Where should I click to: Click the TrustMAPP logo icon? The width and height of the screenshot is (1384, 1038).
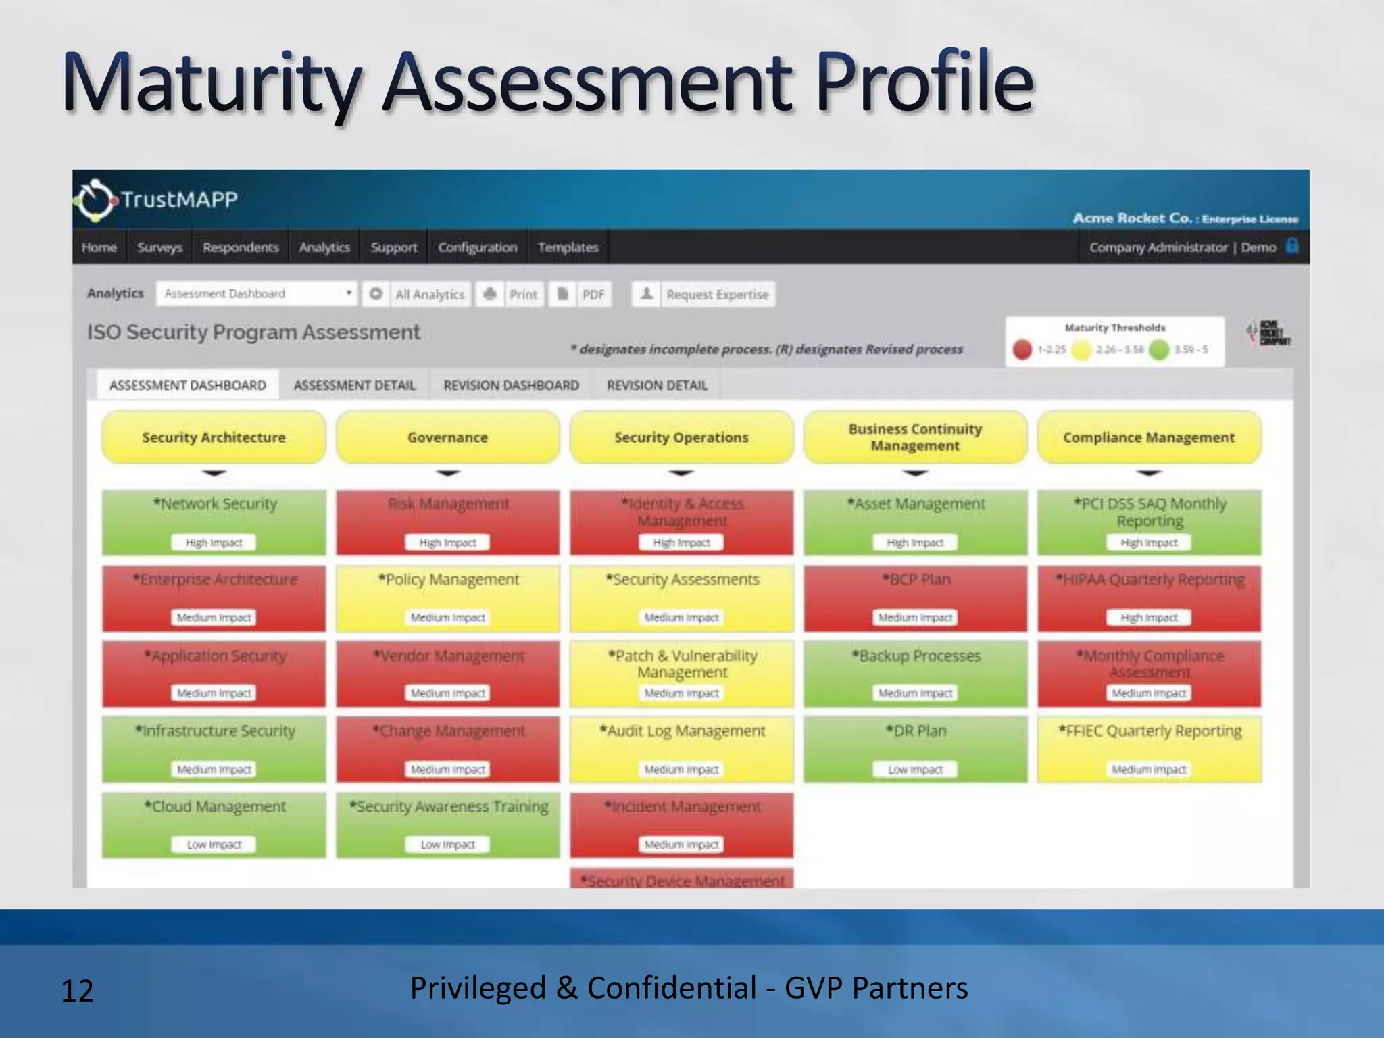click(x=94, y=201)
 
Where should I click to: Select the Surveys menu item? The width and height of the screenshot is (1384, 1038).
click(x=159, y=247)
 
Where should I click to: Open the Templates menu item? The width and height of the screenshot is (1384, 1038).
click(x=568, y=247)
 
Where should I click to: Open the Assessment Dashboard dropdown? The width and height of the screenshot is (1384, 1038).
click(x=256, y=294)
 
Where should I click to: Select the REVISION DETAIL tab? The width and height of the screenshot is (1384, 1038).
click(x=657, y=385)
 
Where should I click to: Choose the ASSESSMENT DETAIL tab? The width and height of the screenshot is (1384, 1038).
click(x=354, y=385)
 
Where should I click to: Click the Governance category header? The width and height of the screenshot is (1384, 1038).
click(x=447, y=437)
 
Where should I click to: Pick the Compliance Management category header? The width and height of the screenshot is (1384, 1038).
click(x=1149, y=437)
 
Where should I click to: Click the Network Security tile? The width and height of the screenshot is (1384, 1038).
click(x=214, y=522)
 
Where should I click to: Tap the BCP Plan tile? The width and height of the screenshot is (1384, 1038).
click(x=916, y=597)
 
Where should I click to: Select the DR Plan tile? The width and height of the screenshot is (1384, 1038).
click(x=916, y=749)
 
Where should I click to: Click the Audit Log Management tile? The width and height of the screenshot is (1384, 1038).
click(x=682, y=749)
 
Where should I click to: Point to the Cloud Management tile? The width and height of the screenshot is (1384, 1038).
click(x=214, y=824)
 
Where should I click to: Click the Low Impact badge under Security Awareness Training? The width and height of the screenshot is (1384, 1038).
click(x=447, y=845)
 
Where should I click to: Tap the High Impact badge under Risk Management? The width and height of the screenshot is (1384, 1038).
click(x=447, y=543)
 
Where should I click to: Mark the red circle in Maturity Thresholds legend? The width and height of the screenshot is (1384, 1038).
click(x=1022, y=349)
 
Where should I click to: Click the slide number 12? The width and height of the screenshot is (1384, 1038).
click(x=77, y=991)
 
